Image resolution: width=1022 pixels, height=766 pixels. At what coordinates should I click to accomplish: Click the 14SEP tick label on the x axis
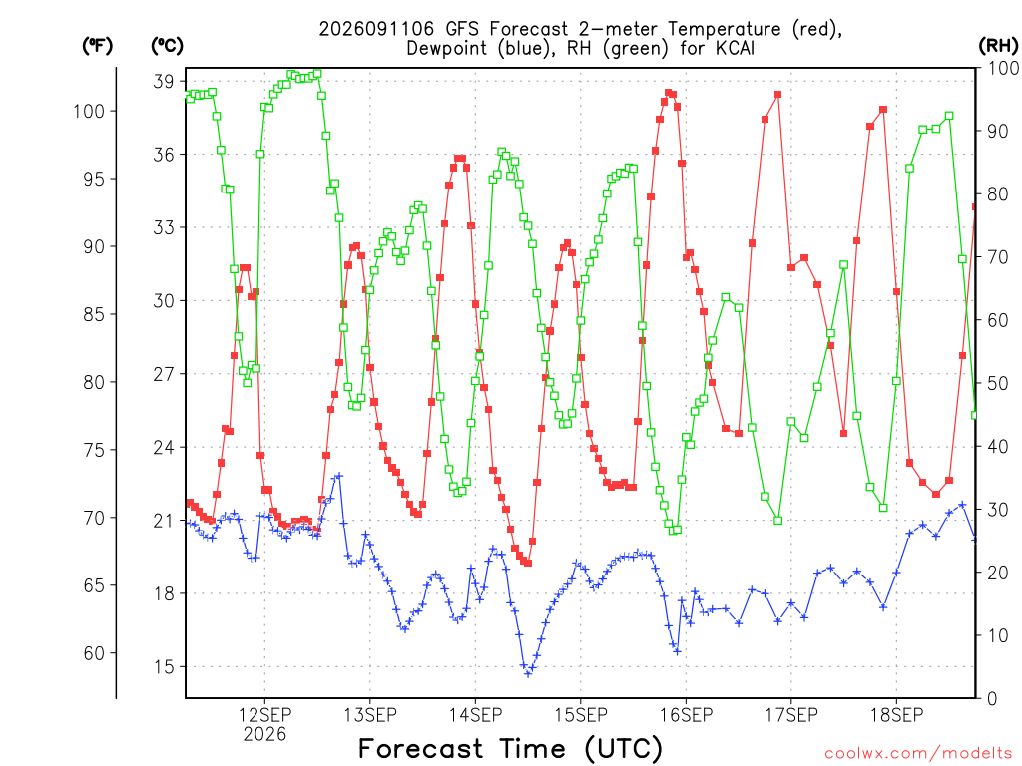tap(475, 715)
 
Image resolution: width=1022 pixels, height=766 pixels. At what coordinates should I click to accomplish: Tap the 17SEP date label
tap(791, 715)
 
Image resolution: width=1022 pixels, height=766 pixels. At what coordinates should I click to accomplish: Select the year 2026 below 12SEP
tap(264, 735)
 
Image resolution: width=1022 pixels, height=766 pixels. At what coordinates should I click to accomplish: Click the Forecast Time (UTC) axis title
tap(510, 749)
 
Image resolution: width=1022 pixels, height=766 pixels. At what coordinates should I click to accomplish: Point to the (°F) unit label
tap(97, 46)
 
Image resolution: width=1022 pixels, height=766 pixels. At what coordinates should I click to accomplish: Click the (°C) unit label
tap(167, 46)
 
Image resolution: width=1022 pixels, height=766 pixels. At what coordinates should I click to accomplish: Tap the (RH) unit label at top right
tap(998, 46)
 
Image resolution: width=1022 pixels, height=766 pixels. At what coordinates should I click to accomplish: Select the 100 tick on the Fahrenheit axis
tap(89, 111)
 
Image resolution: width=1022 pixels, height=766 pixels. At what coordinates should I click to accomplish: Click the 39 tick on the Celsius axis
tap(164, 82)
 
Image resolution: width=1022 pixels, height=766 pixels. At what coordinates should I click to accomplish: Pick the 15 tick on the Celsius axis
tap(164, 667)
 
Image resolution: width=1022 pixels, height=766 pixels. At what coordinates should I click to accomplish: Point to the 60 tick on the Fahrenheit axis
tap(94, 653)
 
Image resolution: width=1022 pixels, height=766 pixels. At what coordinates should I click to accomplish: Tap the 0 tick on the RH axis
tap(992, 699)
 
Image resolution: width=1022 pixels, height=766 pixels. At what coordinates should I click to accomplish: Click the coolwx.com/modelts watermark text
tap(918, 754)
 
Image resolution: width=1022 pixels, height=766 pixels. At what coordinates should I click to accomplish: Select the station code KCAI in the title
tap(733, 48)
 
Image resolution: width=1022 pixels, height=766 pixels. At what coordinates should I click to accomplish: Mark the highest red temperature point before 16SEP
tap(668, 93)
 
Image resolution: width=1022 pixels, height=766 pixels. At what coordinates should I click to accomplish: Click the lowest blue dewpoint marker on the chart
tap(528, 673)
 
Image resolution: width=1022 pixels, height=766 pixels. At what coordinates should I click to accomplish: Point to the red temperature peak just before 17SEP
tap(777, 95)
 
